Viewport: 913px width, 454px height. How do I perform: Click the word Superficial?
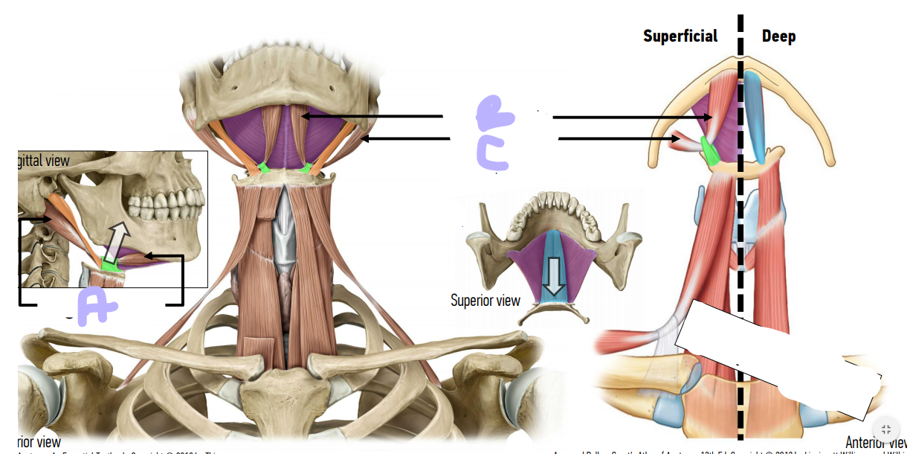pyautogui.click(x=680, y=36)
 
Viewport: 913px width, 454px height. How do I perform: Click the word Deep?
pyautogui.click(x=778, y=36)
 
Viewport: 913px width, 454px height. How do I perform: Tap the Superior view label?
pyautogui.click(x=485, y=301)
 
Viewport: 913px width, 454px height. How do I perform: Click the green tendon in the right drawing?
pyautogui.click(x=710, y=153)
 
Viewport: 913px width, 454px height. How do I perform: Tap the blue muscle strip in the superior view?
pyautogui.click(x=553, y=253)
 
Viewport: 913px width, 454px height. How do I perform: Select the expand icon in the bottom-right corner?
pyautogui.click(x=885, y=429)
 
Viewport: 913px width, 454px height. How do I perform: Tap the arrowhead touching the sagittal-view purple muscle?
pyautogui.click(x=149, y=257)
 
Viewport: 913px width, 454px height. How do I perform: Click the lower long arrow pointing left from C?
pyautogui.click(x=405, y=138)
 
